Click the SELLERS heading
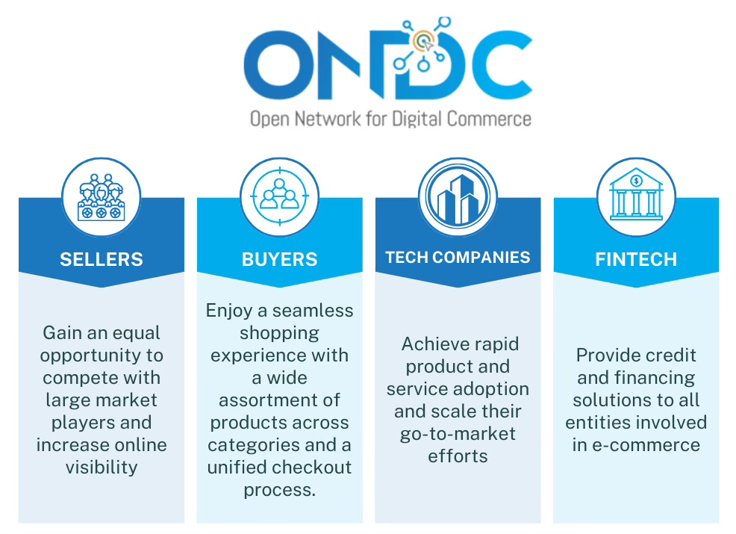click(x=101, y=260)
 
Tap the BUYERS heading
click(x=279, y=260)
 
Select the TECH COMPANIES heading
click(x=458, y=258)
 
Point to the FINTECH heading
click(x=636, y=260)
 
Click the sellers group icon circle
click(x=101, y=197)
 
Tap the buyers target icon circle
click(x=279, y=197)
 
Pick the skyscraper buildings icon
click(x=457, y=197)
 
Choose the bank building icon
click(x=636, y=197)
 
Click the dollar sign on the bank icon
click(x=636, y=180)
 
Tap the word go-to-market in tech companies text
click(x=458, y=434)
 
